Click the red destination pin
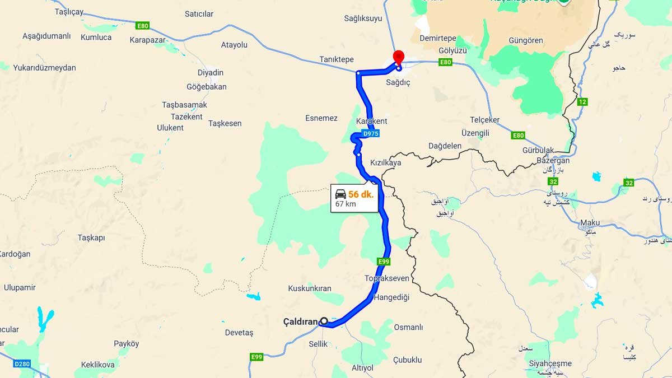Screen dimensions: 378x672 (x=398, y=57)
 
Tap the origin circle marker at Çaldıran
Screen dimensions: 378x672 (x=324, y=321)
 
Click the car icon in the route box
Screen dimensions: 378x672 (x=340, y=194)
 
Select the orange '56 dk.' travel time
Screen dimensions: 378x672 (x=361, y=194)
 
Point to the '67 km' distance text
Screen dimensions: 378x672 (x=346, y=204)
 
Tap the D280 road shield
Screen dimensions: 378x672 (x=22, y=364)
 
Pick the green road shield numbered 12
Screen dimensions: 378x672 (x=582, y=102)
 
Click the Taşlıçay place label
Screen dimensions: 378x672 (x=69, y=11)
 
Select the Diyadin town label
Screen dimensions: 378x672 (x=211, y=73)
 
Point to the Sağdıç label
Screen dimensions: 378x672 (x=399, y=82)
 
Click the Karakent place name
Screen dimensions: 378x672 (x=371, y=121)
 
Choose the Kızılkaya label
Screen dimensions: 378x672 (x=386, y=162)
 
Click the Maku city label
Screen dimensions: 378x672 (x=590, y=222)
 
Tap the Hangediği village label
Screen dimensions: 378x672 (x=392, y=297)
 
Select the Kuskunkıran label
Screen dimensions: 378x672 (x=310, y=288)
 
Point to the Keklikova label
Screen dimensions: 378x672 (x=98, y=365)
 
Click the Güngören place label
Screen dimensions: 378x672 (x=510, y=41)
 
